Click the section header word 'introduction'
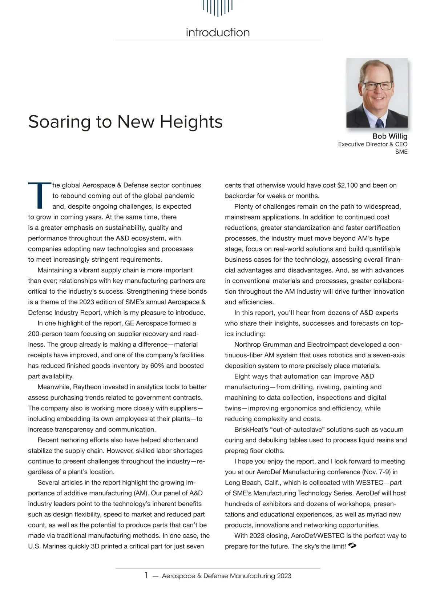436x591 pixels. (x=218, y=32)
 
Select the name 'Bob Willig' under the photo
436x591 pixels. (x=390, y=136)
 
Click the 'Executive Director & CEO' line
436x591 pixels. (x=373, y=144)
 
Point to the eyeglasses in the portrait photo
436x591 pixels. (x=378, y=86)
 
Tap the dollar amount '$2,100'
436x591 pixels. (x=347, y=185)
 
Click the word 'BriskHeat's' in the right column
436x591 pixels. (x=249, y=430)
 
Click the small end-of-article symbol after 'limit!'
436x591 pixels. (x=352, y=546)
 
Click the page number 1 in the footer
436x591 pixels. (x=146, y=575)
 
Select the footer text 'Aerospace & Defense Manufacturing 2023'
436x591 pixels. (x=226, y=576)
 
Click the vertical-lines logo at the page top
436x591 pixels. (x=218, y=7)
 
